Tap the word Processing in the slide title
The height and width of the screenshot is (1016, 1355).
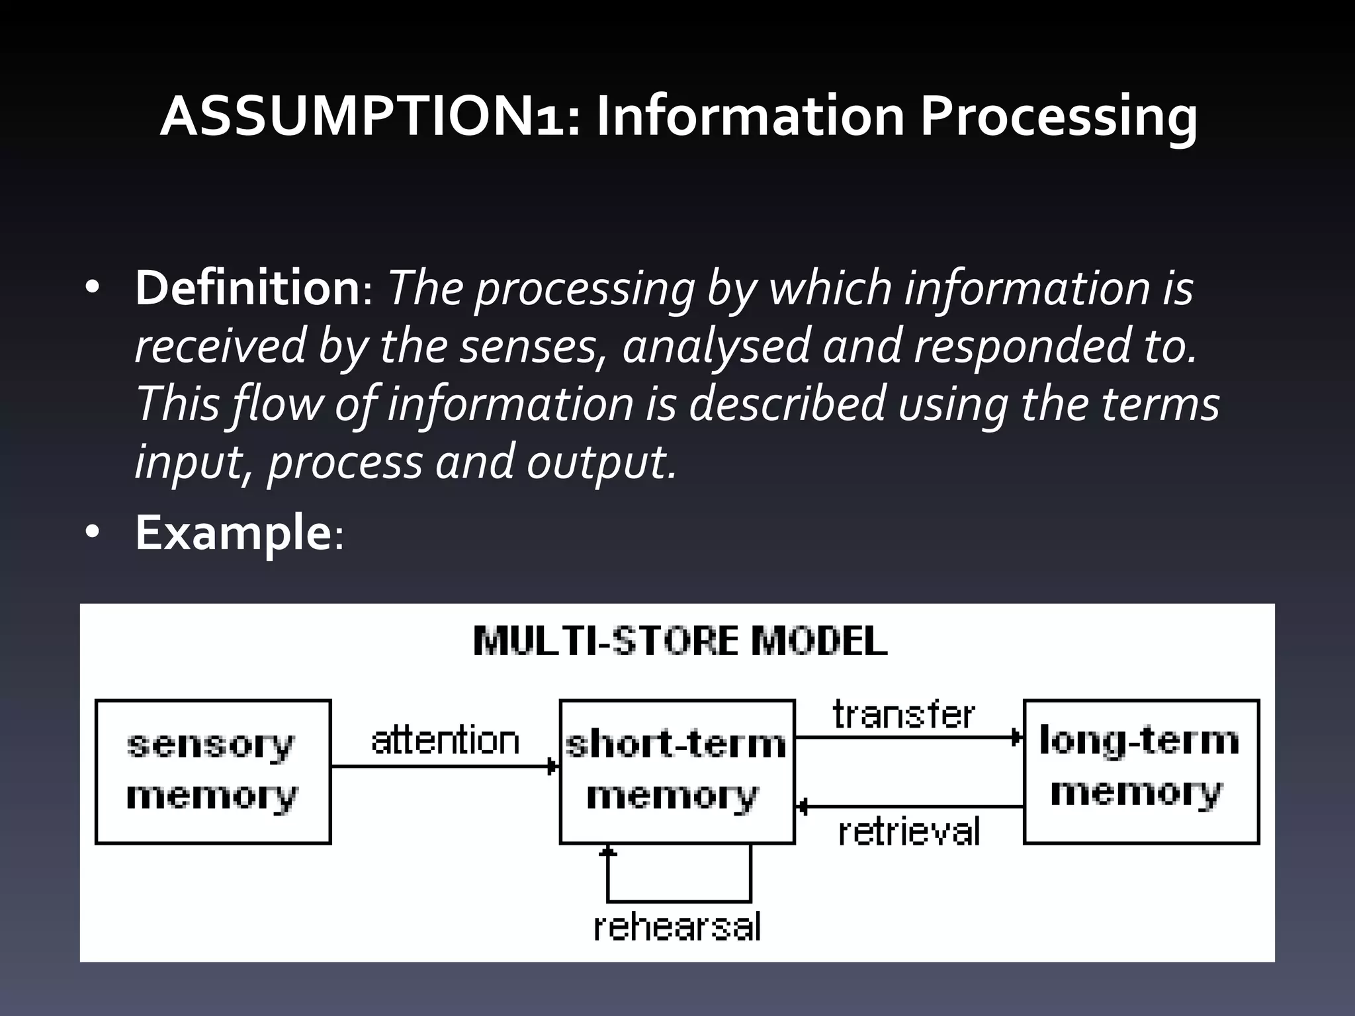pyautogui.click(x=1059, y=118)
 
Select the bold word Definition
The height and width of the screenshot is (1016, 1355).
pyautogui.click(x=247, y=288)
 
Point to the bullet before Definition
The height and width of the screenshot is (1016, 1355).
pyautogui.click(x=92, y=288)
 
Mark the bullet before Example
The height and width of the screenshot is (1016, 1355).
pyautogui.click(x=92, y=532)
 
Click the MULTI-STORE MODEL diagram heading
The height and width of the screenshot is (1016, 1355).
pyautogui.click(x=680, y=641)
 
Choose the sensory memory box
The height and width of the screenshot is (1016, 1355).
pyautogui.click(x=213, y=771)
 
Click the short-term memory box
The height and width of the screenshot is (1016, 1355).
pyautogui.click(x=677, y=771)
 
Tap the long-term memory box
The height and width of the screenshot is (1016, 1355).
pyautogui.click(x=1141, y=771)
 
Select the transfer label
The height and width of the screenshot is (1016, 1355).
pyautogui.click(x=903, y=715)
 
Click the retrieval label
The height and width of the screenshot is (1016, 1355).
pyautogui.click(x=908, y=831)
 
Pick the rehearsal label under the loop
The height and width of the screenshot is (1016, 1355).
pyautogui.click(x=677, y=927)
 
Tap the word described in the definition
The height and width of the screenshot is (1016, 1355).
pyautogui.click(x=787, y=404)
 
